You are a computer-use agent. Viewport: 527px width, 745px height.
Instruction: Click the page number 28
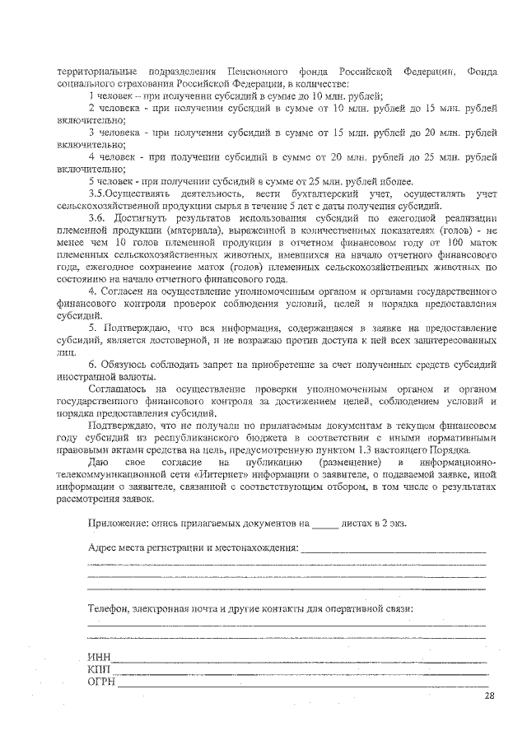[x=489, y=696]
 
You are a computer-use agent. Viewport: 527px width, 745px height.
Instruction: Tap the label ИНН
[x=99, y=658]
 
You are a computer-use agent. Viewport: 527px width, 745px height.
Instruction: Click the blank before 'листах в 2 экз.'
[x=326, y=524]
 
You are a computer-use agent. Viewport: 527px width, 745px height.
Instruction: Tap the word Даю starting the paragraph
[x=99, y=463]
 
